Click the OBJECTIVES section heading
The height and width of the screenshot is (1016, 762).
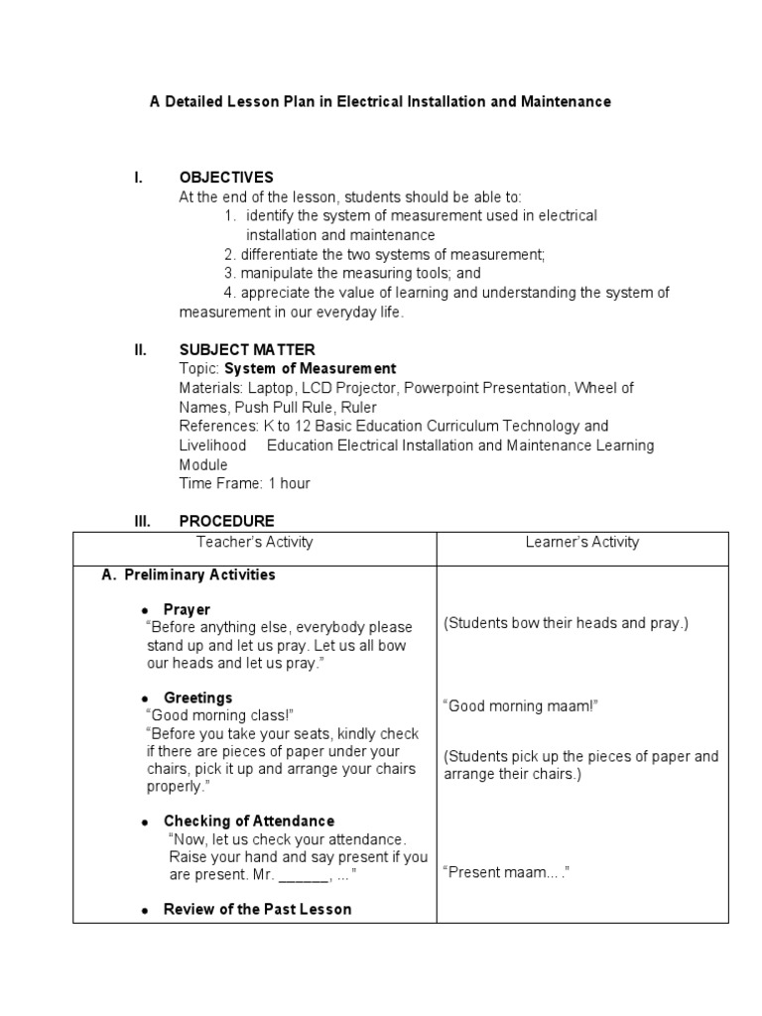226,178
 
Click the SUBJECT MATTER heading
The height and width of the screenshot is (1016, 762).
247,349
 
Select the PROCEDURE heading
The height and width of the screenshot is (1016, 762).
226,521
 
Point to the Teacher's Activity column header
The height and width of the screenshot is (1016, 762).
254,542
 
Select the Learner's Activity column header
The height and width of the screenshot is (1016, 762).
582,542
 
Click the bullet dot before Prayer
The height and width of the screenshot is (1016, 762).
145,610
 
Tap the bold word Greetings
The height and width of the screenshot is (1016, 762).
197,698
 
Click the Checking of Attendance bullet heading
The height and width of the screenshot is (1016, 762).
249,821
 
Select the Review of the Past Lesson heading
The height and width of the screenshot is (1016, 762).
257,909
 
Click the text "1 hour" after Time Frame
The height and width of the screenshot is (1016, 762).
289,483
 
